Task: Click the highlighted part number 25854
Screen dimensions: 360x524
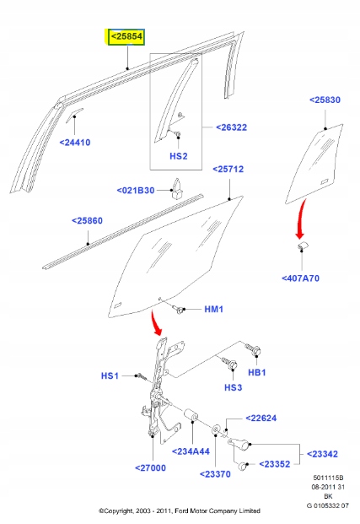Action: (x=126, y=36)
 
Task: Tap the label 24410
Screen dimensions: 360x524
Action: (x=75, y=143)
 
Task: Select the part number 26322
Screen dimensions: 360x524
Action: (x=231, y=127)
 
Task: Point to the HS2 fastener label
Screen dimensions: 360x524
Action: (x=179, y=156)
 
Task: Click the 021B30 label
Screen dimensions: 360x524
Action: (x=136, y=191)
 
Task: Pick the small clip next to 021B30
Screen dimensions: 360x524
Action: (x=177, y=189)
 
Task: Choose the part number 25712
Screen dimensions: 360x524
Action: (x=228, y=169)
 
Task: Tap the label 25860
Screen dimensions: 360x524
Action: (x=87, y=220)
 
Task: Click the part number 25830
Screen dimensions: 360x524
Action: (x=325, y=100)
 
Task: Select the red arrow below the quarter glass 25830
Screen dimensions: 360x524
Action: (x=300, y=219)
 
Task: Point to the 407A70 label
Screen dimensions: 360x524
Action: (x=300, y=278)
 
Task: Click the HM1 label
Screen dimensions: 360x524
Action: (x=214, y=309)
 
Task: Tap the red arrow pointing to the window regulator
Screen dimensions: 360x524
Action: (x=155, y=323)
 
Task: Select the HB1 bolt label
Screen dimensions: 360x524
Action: (x=257, y=372)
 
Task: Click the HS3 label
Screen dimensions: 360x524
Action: (x=233, y=387)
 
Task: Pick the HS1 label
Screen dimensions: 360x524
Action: (x=110, y=376)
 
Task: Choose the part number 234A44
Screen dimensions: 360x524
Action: (x=191, y=451)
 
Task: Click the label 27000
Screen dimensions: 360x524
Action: (x=150, y=467)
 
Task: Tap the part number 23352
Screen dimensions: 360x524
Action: (x=275, y=464)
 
